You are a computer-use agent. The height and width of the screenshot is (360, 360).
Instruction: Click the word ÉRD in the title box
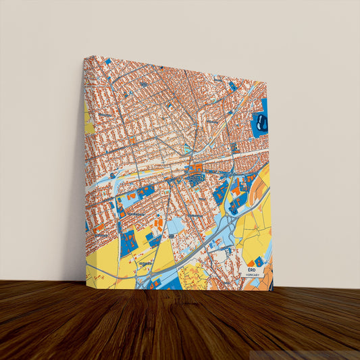tap(252, 269)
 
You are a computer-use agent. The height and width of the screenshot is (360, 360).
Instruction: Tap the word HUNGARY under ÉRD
tap(252, 275)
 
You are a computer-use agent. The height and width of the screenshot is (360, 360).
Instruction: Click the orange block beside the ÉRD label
tap(251, 263)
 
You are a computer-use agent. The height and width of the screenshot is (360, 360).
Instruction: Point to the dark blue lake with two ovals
tap(261, 122)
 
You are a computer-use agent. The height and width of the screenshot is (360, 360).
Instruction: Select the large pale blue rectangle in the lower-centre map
tap(178, 227)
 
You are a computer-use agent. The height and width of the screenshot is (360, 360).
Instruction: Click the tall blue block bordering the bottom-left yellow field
tap(128, 243)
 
